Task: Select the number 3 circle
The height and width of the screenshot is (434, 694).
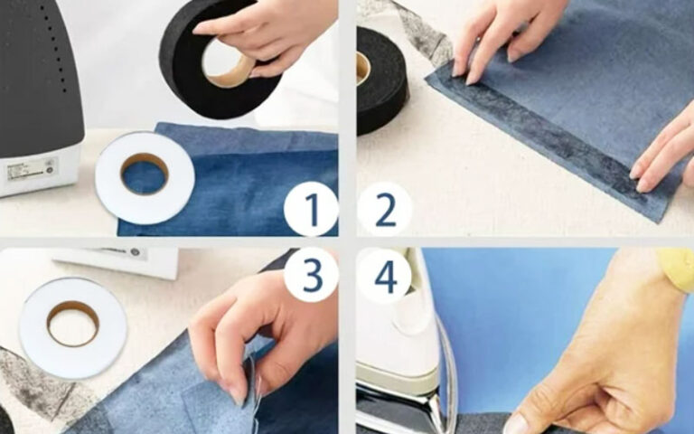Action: [311, 275]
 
